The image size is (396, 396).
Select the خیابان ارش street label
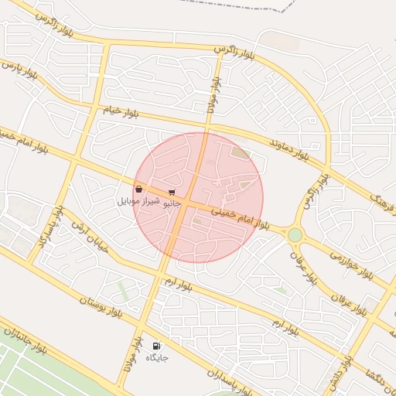[x=87, y=236]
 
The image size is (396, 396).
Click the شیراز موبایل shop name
[x=138, y=201]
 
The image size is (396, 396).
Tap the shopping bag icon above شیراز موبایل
[x=138, y=189]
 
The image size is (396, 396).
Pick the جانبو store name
[x=171, y=203]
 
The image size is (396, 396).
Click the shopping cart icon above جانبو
[x=171, y=192]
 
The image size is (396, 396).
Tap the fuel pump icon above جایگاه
[x=156, y=346]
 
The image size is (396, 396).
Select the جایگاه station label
[x=156, y=357]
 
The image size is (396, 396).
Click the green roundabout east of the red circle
[x=295, y=234]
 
